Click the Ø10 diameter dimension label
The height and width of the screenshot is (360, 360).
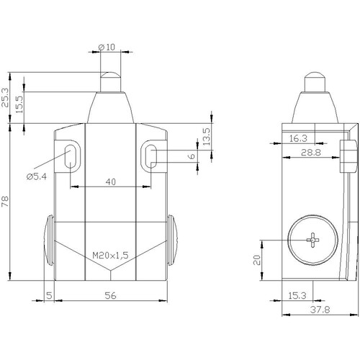point(107,47)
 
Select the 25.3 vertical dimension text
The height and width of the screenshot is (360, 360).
point(5,97)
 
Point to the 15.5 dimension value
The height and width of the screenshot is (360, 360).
point(19,104)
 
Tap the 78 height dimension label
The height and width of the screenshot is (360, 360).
point(5,202)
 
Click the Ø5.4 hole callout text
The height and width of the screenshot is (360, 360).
point(37,177)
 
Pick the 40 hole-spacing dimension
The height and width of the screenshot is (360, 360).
point(111,182)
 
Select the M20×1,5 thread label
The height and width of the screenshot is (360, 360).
point(110,256)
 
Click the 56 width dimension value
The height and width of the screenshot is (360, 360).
point(111,295)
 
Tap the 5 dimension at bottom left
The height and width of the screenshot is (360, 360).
point(49,295)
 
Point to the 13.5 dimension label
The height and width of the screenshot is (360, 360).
point(207,136)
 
